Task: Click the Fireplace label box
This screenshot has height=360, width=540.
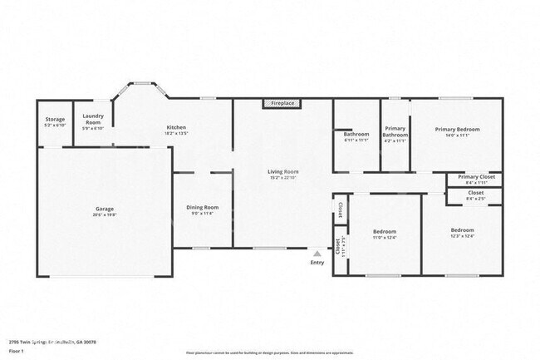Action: (x=282, y=103)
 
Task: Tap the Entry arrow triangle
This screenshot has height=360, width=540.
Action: (x=317, y=253)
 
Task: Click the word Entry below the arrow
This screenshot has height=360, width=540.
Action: (x=317, y=263)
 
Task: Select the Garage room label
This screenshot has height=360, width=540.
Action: (x=104, y=209)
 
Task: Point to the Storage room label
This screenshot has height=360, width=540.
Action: (x=55, y=119)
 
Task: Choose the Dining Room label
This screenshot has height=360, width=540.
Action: (x=202, y=207)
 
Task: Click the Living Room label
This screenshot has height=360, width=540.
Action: (x=283, y=172)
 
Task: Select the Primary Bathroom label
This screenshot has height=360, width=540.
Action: (x=395, y=131)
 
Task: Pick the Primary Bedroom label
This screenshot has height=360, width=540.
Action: (x=458, y=129)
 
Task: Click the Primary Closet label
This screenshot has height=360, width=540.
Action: (x=476, y=177)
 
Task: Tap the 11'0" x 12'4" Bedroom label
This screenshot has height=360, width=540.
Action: (x=384, y=230)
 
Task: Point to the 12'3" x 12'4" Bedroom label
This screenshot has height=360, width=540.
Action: (x=462, y=229)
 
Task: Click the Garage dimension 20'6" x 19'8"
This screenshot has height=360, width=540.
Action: (x=104, y=215)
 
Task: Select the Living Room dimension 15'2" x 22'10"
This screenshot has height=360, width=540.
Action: (x=283, y=178)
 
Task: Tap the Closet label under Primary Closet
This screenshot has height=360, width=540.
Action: (x=476, y=193)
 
